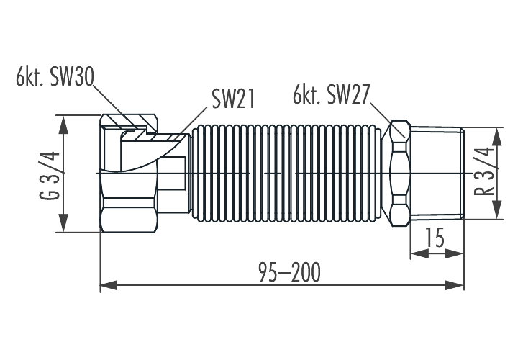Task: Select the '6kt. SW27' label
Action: coord(331,94)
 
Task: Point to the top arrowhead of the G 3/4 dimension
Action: coord(65,122)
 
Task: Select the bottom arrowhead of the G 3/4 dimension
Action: coord(65,224)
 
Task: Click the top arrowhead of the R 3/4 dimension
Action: coord(497,135)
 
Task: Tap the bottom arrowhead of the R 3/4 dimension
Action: coord(497,210)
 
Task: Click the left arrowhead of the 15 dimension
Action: coord(417,253)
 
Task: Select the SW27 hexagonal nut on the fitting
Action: coord(400,173)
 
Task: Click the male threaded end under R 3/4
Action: coord(437,173)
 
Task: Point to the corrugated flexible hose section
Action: coord(288,173)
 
